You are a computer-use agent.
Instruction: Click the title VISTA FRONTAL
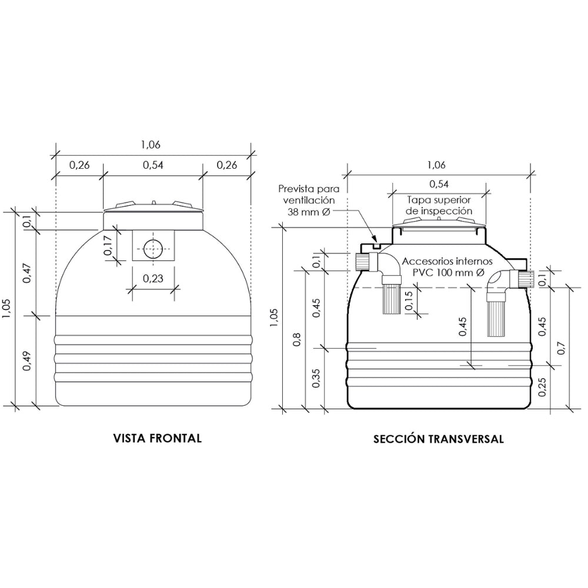(158, 439)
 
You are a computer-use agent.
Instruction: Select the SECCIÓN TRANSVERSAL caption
(439, 439)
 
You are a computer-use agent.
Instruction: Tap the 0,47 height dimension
(26, 273)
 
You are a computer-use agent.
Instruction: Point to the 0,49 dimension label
(26, 361)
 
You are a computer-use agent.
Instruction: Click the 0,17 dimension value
(108, 245)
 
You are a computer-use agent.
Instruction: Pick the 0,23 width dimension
(153, 279)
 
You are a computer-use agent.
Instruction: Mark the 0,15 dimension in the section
(409, 301)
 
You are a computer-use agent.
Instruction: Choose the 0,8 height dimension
(296, 340)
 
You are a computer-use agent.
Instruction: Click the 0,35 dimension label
(316, 378)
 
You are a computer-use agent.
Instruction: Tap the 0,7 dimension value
(562, 348)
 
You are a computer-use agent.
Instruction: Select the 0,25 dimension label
(542, 387)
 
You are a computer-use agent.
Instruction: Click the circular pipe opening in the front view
(153, 249)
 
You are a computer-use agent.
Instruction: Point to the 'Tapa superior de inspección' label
(439, 205)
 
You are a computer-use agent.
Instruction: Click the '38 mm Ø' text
(309, 212)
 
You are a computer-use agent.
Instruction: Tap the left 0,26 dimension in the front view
(79, 165)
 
